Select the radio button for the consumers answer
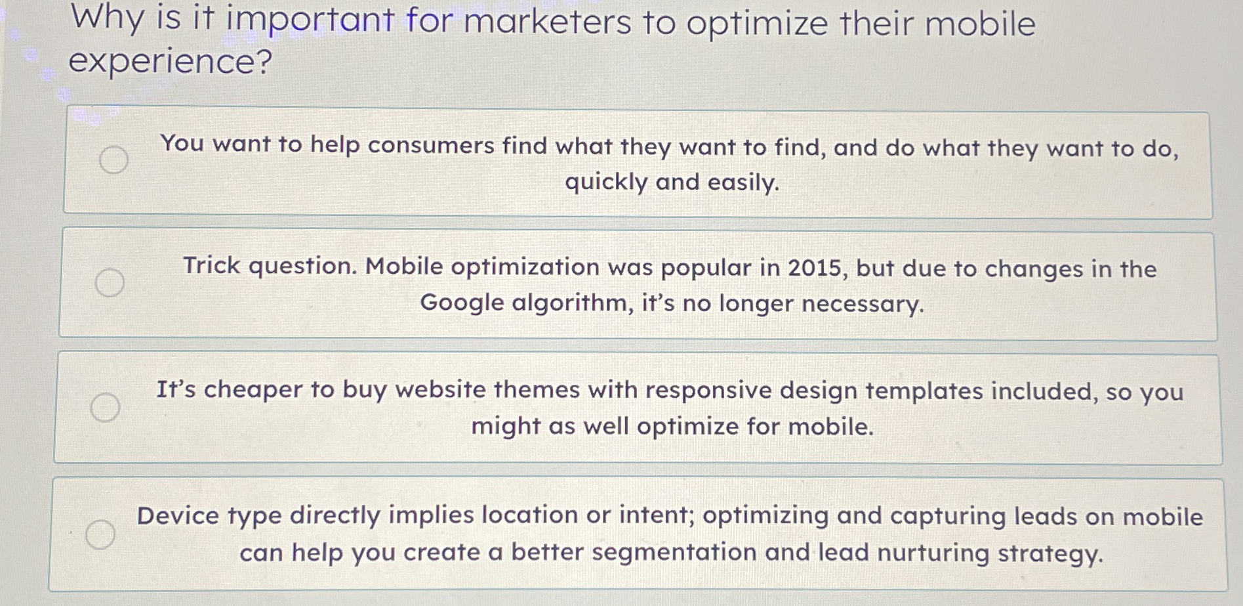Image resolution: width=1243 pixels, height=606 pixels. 113,159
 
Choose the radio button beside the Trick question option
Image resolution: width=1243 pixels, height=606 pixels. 110,282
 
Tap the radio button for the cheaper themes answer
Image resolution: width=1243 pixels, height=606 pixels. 105,407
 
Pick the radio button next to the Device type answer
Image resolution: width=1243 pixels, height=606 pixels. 100,534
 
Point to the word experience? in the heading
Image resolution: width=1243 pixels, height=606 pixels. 170,61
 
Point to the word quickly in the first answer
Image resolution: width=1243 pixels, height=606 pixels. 606,182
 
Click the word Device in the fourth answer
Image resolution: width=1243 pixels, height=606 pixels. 177,515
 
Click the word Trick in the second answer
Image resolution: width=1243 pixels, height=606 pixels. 211,266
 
